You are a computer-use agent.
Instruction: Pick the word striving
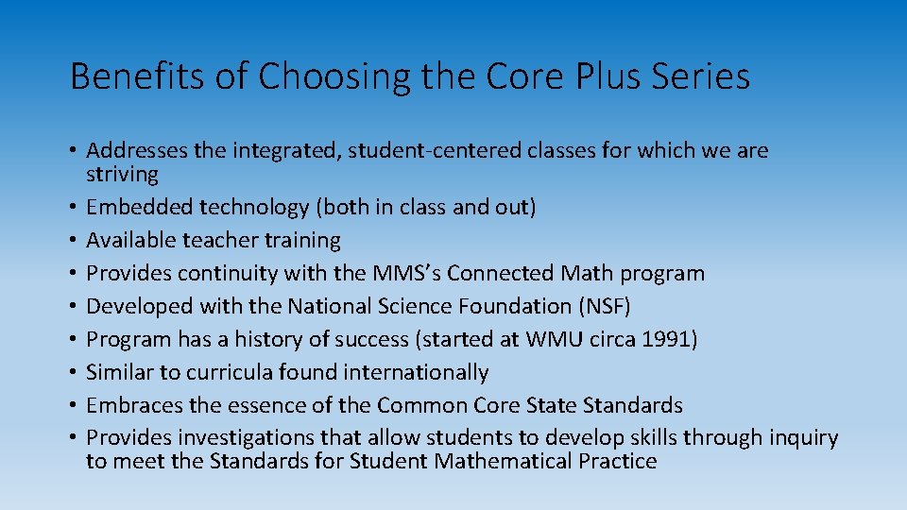click(122, 174)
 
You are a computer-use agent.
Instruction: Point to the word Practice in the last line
click(613, 461)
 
